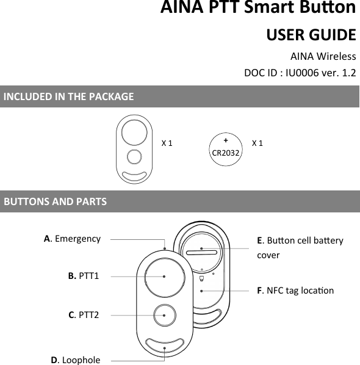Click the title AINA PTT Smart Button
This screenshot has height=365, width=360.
[x=258, y=9]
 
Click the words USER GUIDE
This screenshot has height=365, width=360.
[x=311, y=34]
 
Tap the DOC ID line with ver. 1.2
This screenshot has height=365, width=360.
[x=300, y=73]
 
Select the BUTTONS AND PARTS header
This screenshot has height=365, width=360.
[x=55, y=201]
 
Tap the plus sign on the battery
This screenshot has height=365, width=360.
[x=225, y=139]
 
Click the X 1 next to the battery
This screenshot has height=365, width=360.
[x=257, y=143]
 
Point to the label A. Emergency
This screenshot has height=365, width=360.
[x=72, y=239]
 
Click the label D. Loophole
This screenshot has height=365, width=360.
[x=76, y=360]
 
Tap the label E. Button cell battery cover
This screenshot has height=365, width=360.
[x=300, y=247]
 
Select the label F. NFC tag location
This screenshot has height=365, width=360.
[x=295, y=291]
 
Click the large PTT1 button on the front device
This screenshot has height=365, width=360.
[x=165, y=276]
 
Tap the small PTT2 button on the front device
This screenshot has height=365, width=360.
[x=165, y=315]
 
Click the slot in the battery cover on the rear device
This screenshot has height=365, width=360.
[x=202, y=250]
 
